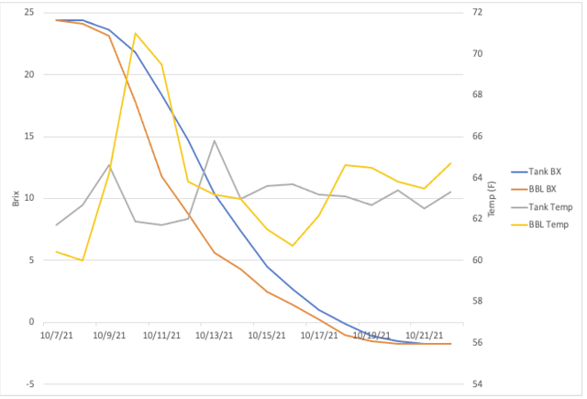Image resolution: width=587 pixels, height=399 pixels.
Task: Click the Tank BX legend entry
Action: pyautogui.click(x=536, y=172)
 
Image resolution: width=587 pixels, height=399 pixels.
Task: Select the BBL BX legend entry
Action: pyautogui.click(x=534, y=189)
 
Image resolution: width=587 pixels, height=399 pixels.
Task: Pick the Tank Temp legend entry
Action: pyautogui.click(x=542, y=207)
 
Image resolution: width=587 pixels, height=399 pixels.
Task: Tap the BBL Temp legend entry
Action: pyautogui.click(x=540, y=225)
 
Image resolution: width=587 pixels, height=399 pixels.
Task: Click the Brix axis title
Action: pyautogui.click(x=16, y=198)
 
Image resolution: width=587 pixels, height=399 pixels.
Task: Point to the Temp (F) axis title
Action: pyautogui.click(x=492, y=199)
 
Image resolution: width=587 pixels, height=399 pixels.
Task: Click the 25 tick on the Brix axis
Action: pyautogui.click(x=28, y=13)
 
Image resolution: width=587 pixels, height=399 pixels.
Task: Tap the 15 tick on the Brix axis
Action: pyautogui.click(x=28, y=137)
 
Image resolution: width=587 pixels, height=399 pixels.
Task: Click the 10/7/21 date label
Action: pyautogui.click(x=57, y=335)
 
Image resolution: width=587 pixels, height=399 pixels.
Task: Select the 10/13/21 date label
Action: pyautogui.click(x=214, y=335)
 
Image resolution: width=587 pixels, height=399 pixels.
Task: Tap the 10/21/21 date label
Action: pyautogui.click(x=424, y=335)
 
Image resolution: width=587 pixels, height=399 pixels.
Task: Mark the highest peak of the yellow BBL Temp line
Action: pyautogui.click(x=136, y=33)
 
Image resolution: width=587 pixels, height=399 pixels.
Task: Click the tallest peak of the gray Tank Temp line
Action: pyautogui.click(x=214, y=140)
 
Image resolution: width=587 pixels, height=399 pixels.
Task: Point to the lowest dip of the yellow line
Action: pyautogui.click(x=83, y=260)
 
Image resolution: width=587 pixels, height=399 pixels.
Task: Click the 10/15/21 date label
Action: pyautogui.click(x=267, y=335)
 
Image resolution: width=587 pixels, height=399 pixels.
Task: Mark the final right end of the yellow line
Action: pyautogui.click(x=450, y=163)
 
